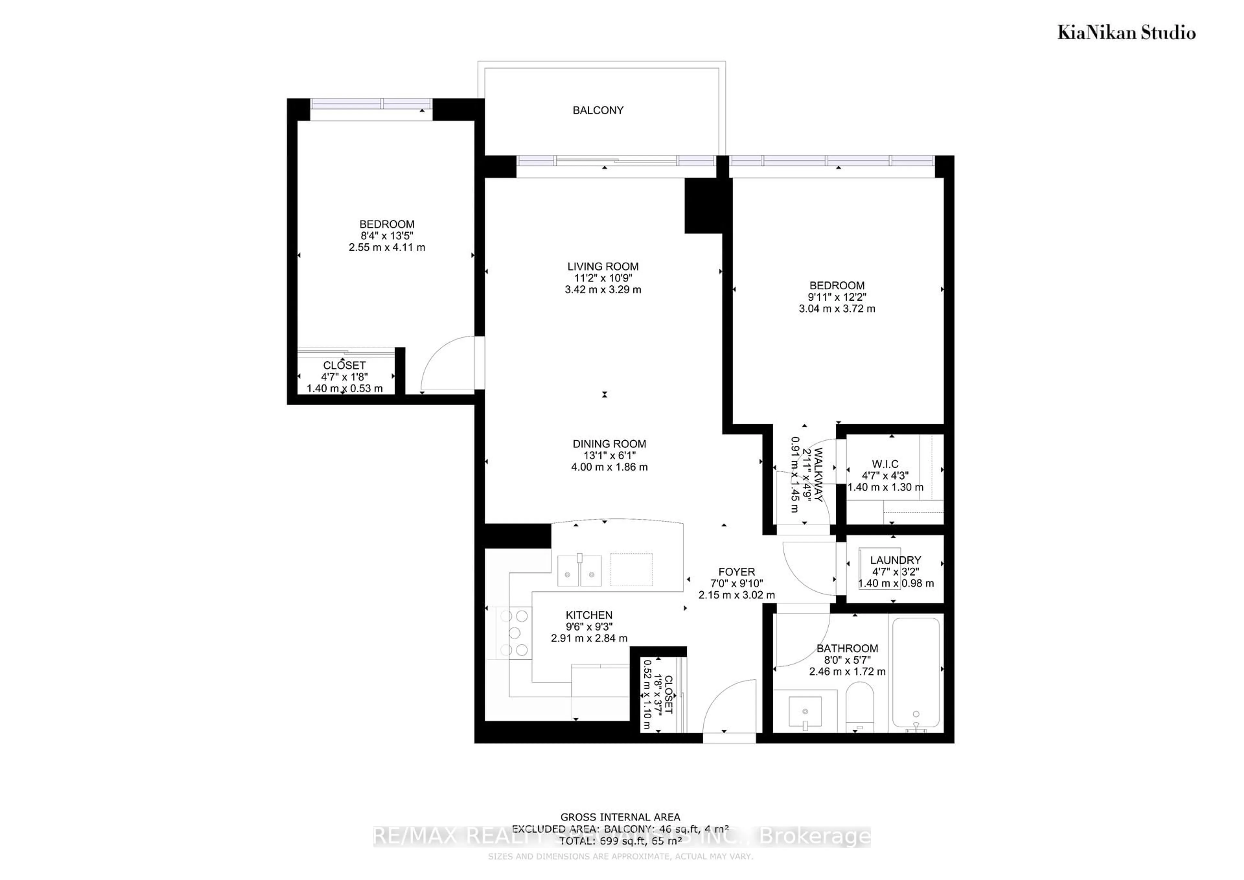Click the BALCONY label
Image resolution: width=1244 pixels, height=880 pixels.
[598, 110]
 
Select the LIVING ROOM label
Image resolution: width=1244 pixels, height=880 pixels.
[603, 267]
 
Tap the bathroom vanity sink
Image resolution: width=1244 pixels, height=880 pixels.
[805, 711]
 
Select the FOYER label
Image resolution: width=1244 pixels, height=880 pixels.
[736, 572]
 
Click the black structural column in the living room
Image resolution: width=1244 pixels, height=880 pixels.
[703, 206]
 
